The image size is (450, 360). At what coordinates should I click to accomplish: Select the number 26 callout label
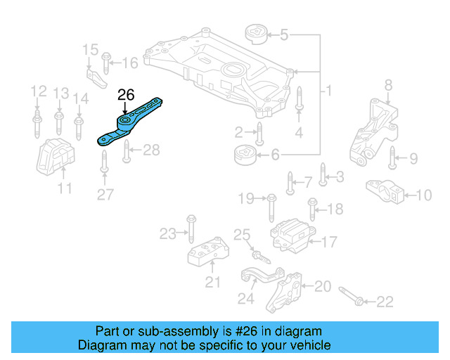[125, 94]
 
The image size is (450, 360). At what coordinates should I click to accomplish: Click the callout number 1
[328, 91]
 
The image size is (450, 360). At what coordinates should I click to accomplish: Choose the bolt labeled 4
[299, 98]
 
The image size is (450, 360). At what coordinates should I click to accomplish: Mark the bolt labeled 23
[191, 229]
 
